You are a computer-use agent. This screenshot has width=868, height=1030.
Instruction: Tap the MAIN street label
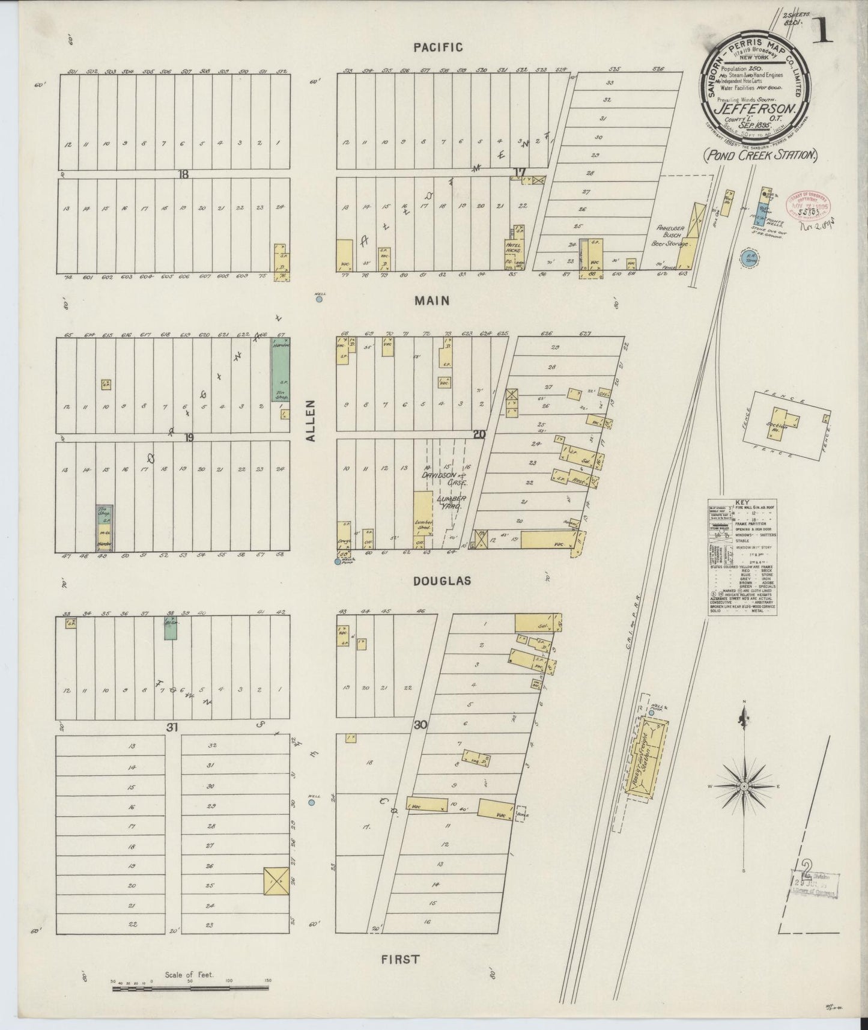click(x=432, y=300)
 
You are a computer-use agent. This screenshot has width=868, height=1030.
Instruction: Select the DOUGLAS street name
click(x=442, y=581)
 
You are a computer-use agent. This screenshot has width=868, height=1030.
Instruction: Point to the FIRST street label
click(x=400, y=959)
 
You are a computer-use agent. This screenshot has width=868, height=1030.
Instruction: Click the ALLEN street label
click(x=311, y=421)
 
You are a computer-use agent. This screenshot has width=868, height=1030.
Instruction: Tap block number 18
click(x=183, y=174)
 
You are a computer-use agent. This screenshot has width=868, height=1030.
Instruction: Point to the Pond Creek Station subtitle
click(x=761, y=155)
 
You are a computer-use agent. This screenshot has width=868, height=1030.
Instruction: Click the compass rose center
click(x=744, y=786)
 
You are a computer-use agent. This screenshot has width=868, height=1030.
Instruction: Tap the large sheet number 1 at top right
click(x=822, y=30)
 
